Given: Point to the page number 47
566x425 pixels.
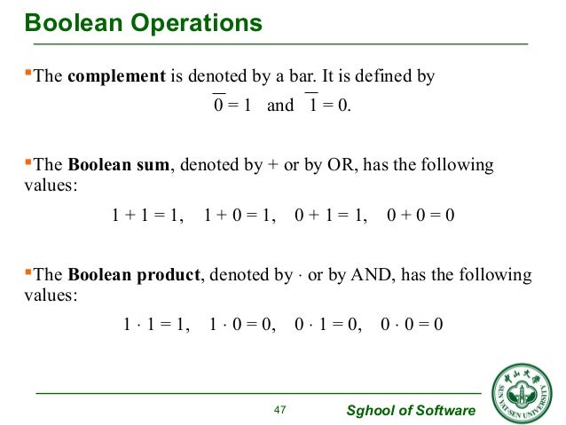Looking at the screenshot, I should coord(281,409).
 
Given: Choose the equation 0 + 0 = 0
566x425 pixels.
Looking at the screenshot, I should coord(421,216).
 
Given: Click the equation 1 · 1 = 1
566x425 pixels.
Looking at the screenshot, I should coord(155,325).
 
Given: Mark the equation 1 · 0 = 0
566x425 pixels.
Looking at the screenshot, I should coord(242,325).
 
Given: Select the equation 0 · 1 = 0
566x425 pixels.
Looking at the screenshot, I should coord(327,325).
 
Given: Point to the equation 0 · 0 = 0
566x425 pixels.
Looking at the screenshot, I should coord(411,325).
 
